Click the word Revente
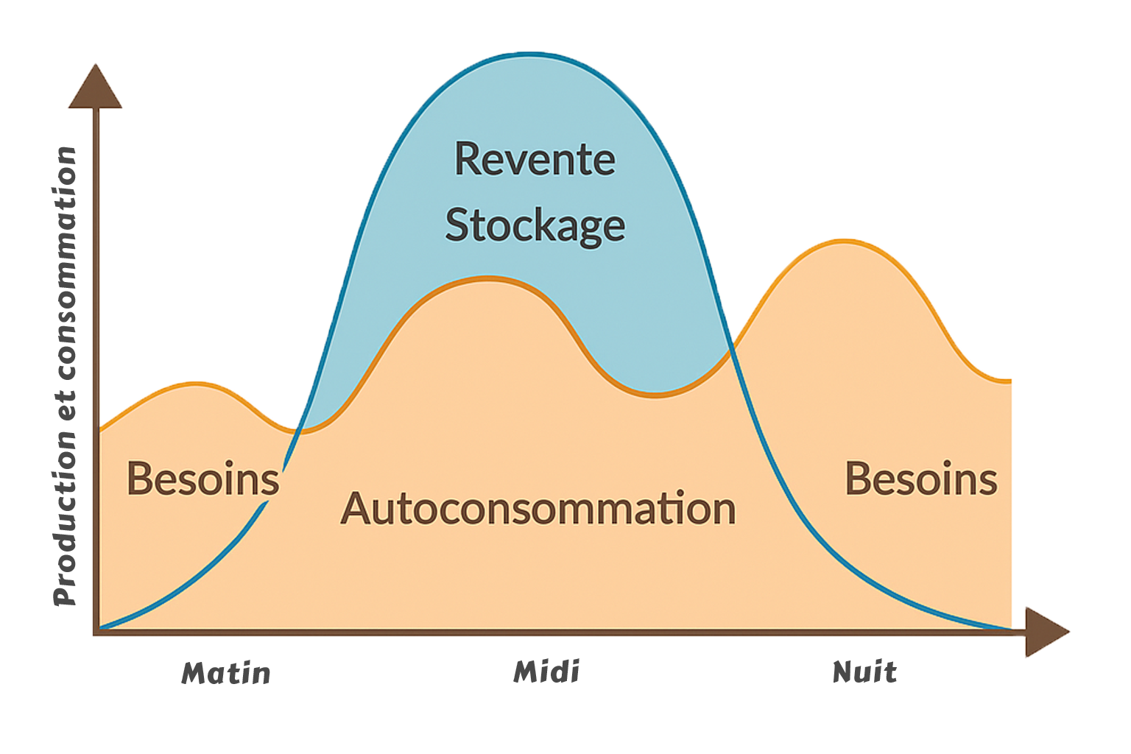coord(535,159)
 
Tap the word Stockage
coord(535,225)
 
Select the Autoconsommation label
coord(538,508)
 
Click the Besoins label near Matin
coord(202,479)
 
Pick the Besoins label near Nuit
coord(920,479)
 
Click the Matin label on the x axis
coord(226,673)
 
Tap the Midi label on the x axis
coord(546,672)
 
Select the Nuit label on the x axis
coord(864,672)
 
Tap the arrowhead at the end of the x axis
coord(1046,632)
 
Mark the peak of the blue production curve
coord(530,54)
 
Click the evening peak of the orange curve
coord(845,241)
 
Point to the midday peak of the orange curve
coord(487,278)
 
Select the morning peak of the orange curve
coord(196,383)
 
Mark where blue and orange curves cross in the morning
coord(298,431)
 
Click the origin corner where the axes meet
coord(96,632)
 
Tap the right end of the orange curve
coord(1010,381)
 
